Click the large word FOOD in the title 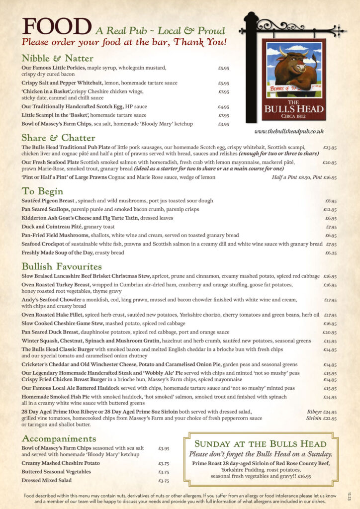pyautogui.click(x=56, y=27)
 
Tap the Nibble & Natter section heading pyautogui.click(x=57, y=58)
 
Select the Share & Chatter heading pyautogui.click(x=58, y=138)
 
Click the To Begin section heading pyautogui.click(x=42, y=191)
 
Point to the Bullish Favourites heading pyautogui.click(x=62, y=266)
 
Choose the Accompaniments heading pyautogui.click(x=59, y=438)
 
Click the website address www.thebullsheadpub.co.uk pyautogui.click(x=289, y=131)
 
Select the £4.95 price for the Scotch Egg pyautogui.click(x=223, y=107)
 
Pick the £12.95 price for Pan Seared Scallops pyautogui.click(x=330, y=210)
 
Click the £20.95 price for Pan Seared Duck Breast pyautogui.click(x=330, y=332)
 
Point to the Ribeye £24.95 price pyautogui.click(x=322, y=412)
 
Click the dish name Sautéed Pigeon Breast pyautogui.click(x=48, y=201)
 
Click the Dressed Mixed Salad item pyautogui.click(x=46, y=480)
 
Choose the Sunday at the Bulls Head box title pyautogui.click(x=260, y=444)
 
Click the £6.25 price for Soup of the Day pyautogui.click(x=331, y=253)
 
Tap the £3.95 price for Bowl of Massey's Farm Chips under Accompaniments pyautogui.click(x=164, y=448)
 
